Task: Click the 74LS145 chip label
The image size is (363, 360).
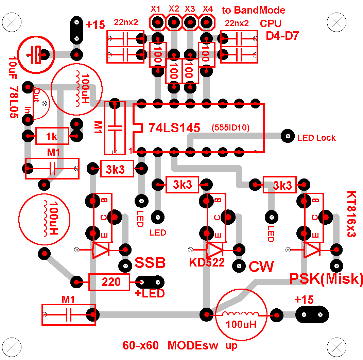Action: click(174, 127)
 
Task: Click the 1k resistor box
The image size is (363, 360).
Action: click(52, 137)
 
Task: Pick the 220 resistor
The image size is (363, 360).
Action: click(109, 282)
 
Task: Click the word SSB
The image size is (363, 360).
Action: click(150, 263)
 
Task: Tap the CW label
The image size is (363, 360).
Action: click(261, 267)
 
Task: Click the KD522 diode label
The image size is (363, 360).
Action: click(207, 262)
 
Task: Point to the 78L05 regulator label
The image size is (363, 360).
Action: click(14, 102)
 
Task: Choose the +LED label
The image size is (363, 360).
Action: click(150, 293)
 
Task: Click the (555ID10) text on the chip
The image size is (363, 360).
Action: click(230, 128)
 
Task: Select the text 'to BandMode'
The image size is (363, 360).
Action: click(254, 10)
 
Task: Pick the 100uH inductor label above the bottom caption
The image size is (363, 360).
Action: click(241, 324)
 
